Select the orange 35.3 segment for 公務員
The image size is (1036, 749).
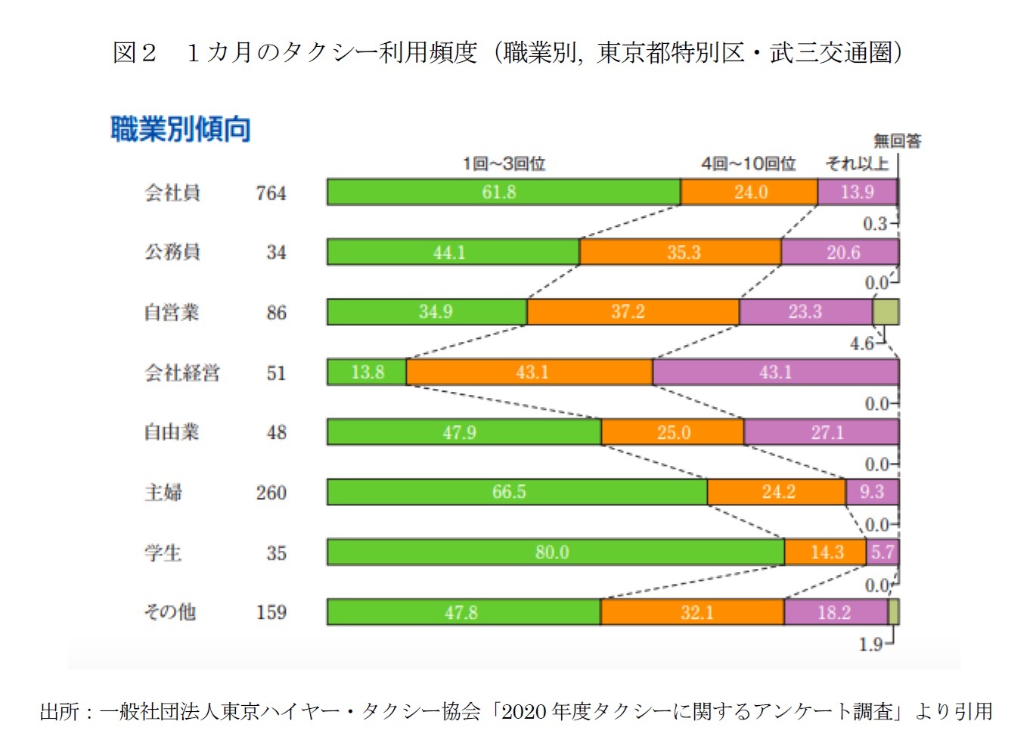tap(681, 252)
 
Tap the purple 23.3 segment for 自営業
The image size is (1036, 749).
tap(805, 312)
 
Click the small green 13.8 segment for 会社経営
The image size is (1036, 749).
tap(367, 372)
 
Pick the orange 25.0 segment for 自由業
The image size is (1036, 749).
tap(673, 432)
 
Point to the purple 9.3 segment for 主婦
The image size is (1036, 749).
tap(872, 492)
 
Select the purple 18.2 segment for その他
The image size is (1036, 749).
tap(835, 612)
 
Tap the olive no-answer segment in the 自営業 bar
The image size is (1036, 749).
tap(886, 312)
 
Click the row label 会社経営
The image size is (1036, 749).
tap(182, 373)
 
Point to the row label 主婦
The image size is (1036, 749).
tap(163, 493)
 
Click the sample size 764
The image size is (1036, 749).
tap(271, 194)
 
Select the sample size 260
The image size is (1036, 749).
tap(271, 493)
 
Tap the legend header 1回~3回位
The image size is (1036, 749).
tap(504, 163)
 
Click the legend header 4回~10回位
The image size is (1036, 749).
tap(749, 163)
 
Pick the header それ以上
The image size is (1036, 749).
tap(856, 163)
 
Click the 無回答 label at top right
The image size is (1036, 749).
tap(898, 141)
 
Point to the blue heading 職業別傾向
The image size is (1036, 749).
tap(181, 129)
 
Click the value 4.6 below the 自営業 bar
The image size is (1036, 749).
tap(861, 343)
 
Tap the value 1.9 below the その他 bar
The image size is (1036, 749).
tap(870, 645)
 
